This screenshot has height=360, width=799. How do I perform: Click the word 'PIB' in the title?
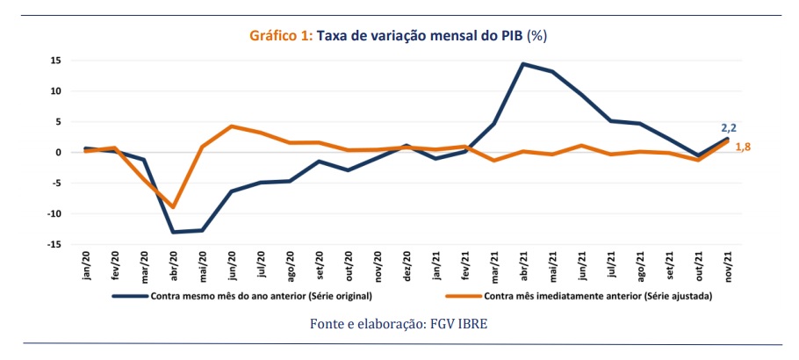tap(508, 36)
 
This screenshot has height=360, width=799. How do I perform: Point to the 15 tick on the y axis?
tap(54, 61)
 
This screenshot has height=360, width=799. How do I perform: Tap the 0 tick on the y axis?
tap(57, 152)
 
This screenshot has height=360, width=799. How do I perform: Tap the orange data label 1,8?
tap(742, 147)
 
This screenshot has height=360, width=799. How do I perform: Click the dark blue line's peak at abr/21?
tap(523, 63)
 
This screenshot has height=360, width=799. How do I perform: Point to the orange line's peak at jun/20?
tap(232, 126)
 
